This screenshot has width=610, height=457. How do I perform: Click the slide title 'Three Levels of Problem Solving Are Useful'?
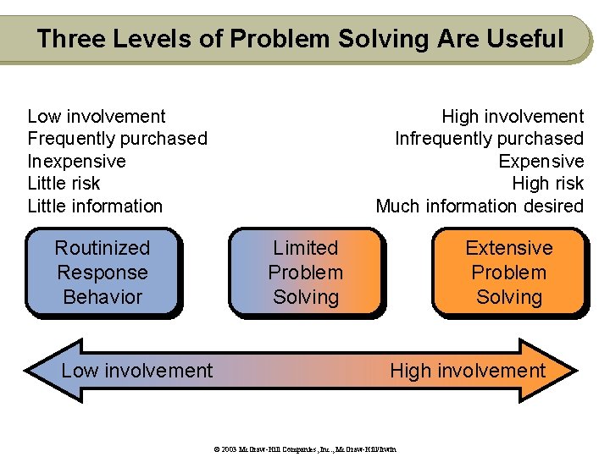click(x=300, y=39)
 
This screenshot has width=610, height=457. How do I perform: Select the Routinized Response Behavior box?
click(x=103, y=273)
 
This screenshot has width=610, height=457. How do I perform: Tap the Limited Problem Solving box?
click(x=306, y=273)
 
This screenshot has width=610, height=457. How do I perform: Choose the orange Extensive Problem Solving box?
click(x=508, y=273)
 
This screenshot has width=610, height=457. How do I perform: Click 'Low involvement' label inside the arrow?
click(x=137, y=371)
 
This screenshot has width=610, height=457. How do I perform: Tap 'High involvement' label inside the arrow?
click(x=468, y=371)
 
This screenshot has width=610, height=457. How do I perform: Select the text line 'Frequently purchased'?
click(x=117, y=139)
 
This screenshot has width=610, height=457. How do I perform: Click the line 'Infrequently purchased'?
click(x=489, y=139)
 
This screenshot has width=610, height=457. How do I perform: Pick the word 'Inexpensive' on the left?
click(x=76, y=161)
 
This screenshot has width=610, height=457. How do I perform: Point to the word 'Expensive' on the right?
click(x=541, y=161)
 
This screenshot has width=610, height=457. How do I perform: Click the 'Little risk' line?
click(x=64, y=184)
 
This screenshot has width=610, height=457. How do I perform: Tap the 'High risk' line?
click(x=547, y=184)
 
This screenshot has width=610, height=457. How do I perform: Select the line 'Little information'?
click(x=95, y=206)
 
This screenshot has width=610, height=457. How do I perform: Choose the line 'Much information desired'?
click(x=480, y=206)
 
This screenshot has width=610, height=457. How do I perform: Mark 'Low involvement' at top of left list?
click(x=97, y=116)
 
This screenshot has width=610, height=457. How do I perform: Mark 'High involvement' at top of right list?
click(x=513, y=116)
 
